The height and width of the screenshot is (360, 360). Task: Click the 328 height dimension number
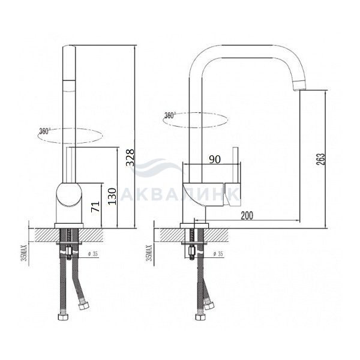(130, 157)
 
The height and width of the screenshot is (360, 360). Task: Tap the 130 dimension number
(112, 196)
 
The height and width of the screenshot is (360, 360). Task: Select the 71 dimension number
(95, 206)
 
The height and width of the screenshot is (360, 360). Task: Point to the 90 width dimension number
(215, 160)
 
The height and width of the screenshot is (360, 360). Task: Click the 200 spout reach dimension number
(247, 215)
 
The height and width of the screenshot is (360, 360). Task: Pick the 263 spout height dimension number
(321, 159)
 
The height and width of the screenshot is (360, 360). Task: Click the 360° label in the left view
(44, 131)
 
